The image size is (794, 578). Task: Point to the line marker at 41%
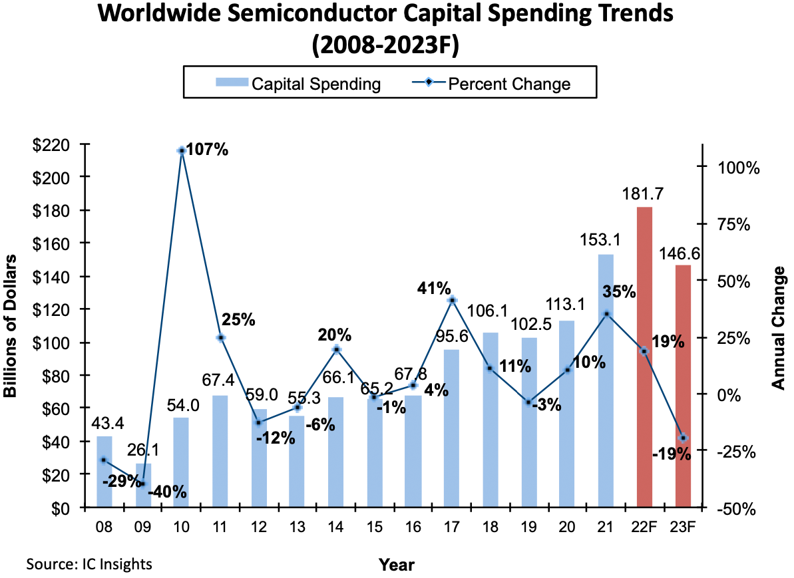(x=452, y=300)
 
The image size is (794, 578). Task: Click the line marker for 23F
(x=683, y=438)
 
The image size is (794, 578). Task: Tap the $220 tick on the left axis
(x=57, y=144)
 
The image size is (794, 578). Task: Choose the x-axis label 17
(x=451, y=527)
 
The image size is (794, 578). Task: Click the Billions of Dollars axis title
(x=11, y=327)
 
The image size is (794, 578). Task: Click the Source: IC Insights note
(x=89, y=564)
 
